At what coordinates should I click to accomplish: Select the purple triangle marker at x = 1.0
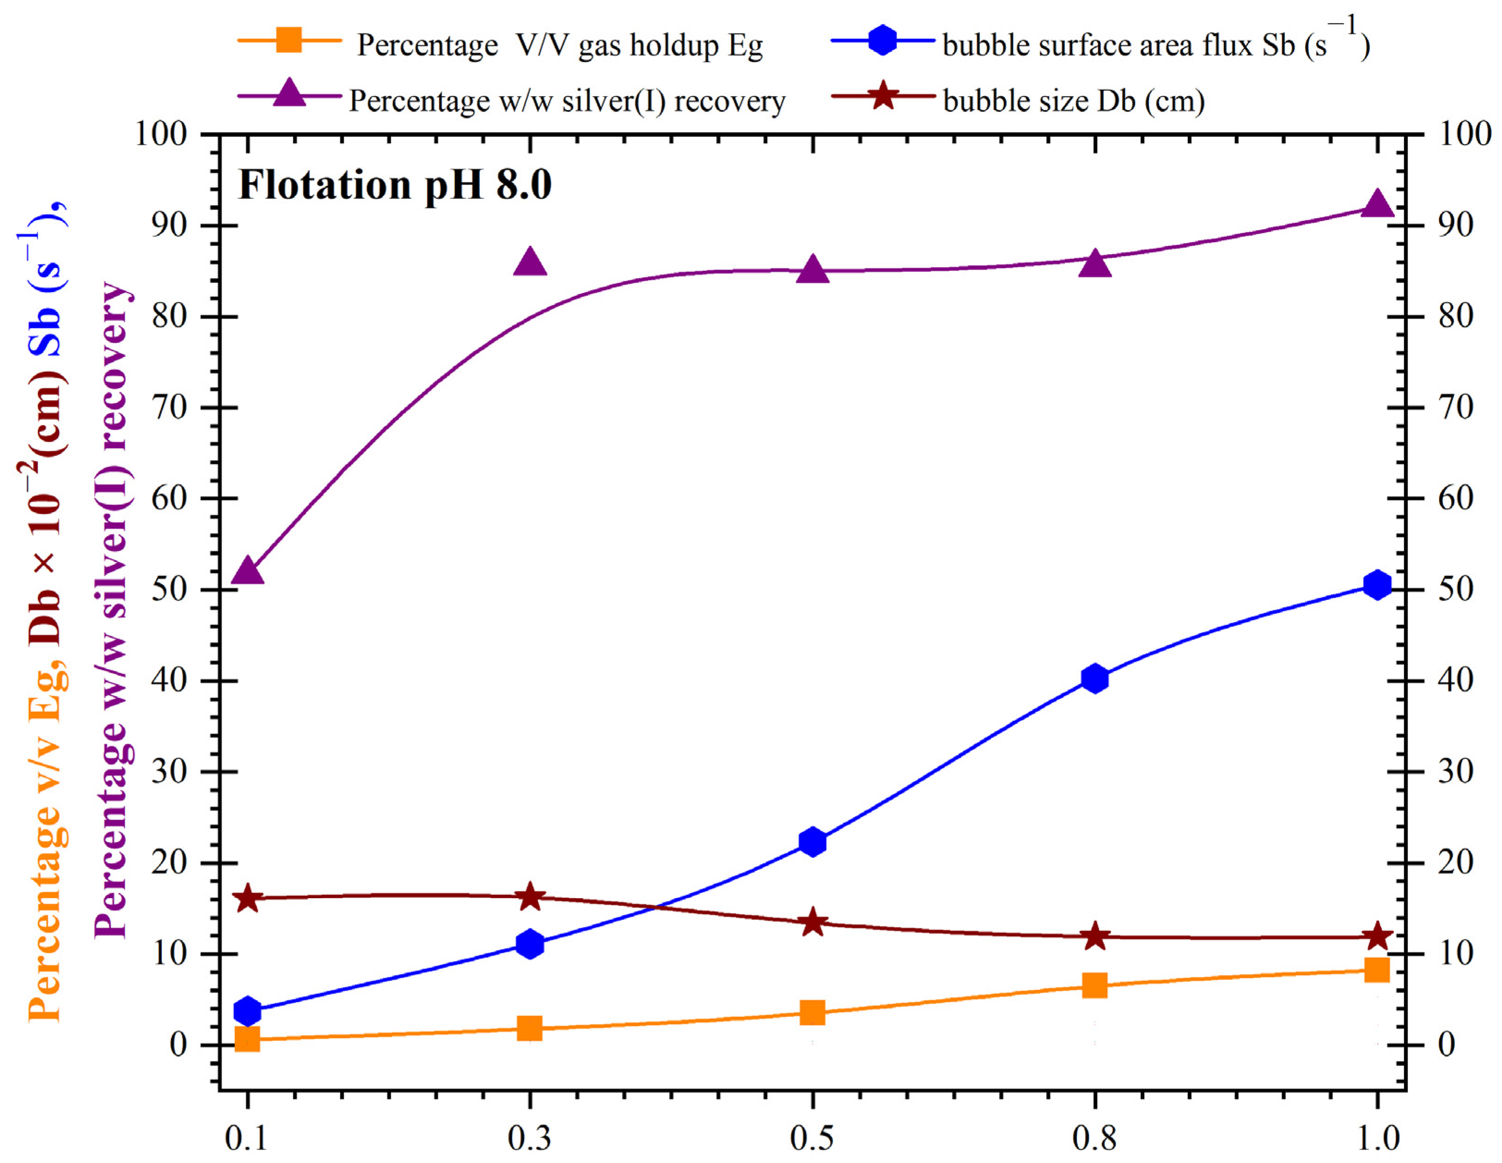point(1377,205)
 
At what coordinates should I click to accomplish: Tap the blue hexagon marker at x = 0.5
point(813,842)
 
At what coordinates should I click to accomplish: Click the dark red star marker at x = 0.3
point(529,897)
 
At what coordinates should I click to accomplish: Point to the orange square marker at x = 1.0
point(1377,970)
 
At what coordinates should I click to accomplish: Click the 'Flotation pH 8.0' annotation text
point(395,186)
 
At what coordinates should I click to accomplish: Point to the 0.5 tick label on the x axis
point(812,1138)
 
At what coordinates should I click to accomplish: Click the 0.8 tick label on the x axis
point(1094,1138)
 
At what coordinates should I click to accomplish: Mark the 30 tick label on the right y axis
point(1455,772)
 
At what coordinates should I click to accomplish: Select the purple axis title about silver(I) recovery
point(111,609)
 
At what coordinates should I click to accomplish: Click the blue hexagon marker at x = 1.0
point(1377,585)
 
